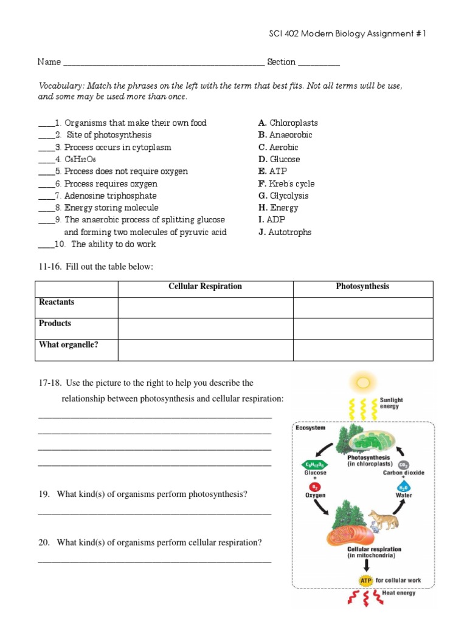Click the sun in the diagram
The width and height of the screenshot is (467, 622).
[363, 382]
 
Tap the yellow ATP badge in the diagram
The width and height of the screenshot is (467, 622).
[365, 580]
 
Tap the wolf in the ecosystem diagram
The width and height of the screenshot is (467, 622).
[383, 519]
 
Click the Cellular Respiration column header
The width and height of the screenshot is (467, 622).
[205, 287]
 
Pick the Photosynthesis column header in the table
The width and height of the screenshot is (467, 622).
[362, 287]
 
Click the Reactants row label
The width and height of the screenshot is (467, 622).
[57, 302]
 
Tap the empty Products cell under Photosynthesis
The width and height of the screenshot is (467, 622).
[362, 329]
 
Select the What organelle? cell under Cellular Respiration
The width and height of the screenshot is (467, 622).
[205, 350]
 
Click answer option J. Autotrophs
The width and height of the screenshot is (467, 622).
[285, 232]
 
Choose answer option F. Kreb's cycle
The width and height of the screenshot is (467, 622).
[286, 183]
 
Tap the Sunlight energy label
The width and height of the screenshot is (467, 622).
[391, 403]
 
